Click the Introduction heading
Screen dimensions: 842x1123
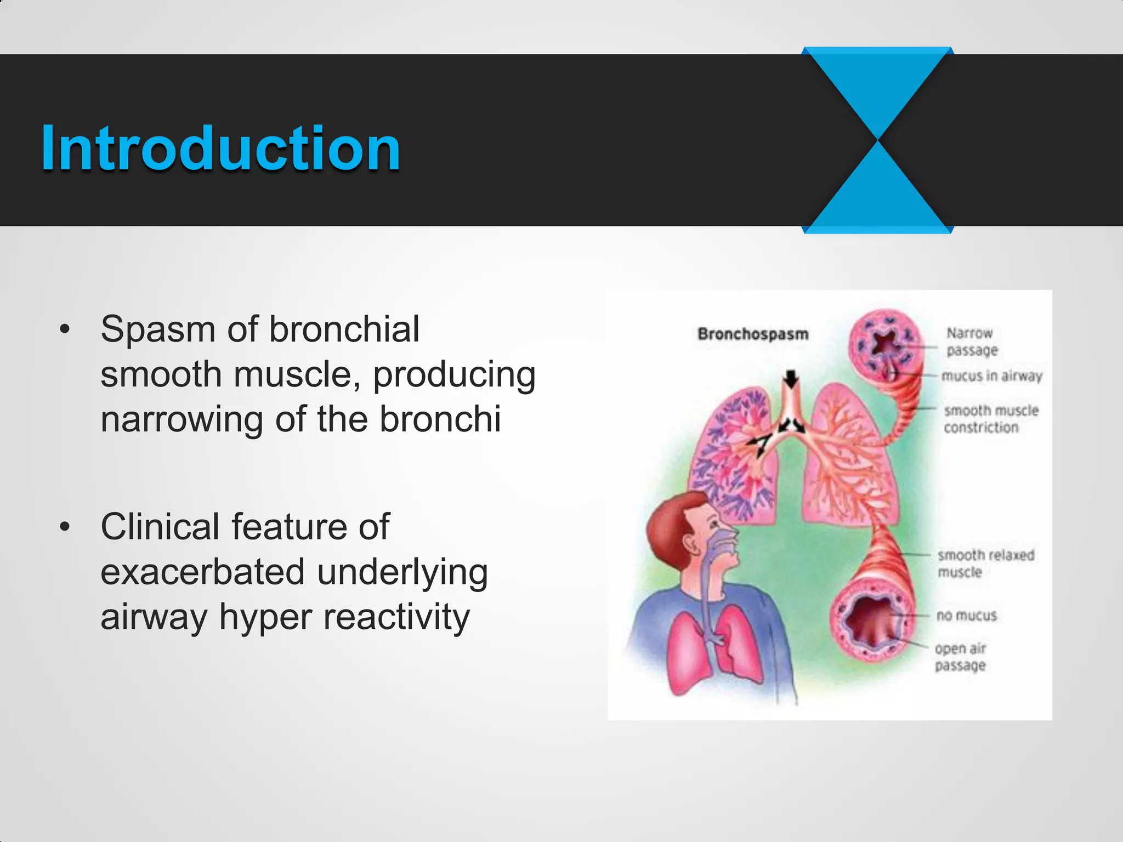click(220, 149)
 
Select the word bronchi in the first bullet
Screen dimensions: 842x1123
click(440, 419)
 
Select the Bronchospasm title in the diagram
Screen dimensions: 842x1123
click(752, 334)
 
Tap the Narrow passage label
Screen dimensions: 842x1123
click(971, 341)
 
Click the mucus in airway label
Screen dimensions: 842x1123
click(991, 376)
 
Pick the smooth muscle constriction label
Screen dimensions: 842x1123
click(990, 419)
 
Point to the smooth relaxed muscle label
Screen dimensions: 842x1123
click(985, 563)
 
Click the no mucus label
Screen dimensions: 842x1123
click(966, 616)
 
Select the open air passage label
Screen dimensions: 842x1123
click(960, 657)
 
